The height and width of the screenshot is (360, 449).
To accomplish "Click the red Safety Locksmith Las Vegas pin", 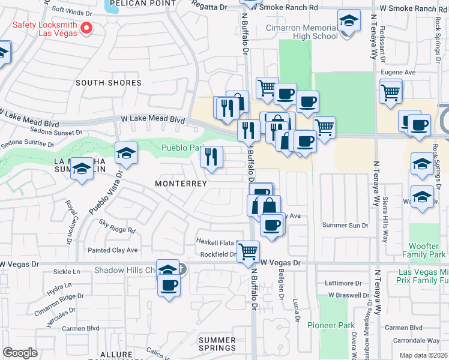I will (x=86, y=28).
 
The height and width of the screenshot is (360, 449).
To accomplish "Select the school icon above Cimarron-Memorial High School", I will (x=348, y=22).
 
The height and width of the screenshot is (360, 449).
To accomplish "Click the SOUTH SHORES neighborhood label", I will (x=109, y=83).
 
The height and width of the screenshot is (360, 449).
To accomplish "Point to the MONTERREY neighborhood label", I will (x=181, y=183).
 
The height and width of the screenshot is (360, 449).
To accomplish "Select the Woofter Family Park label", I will (x=427, y=251).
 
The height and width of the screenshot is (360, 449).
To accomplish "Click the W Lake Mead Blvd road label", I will (x=154, y=119).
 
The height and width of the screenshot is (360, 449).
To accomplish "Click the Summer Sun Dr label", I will (x=345, y=225).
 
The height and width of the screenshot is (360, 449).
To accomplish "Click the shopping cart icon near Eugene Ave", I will (x=390, y=92).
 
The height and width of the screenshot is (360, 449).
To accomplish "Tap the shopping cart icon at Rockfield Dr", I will (x=248, y=251).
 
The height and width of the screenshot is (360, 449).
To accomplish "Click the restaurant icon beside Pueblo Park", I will (x=211, y=157).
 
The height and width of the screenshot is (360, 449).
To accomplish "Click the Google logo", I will (x=20, y=353).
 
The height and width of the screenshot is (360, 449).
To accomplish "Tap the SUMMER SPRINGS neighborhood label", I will (x=217, y=344).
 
